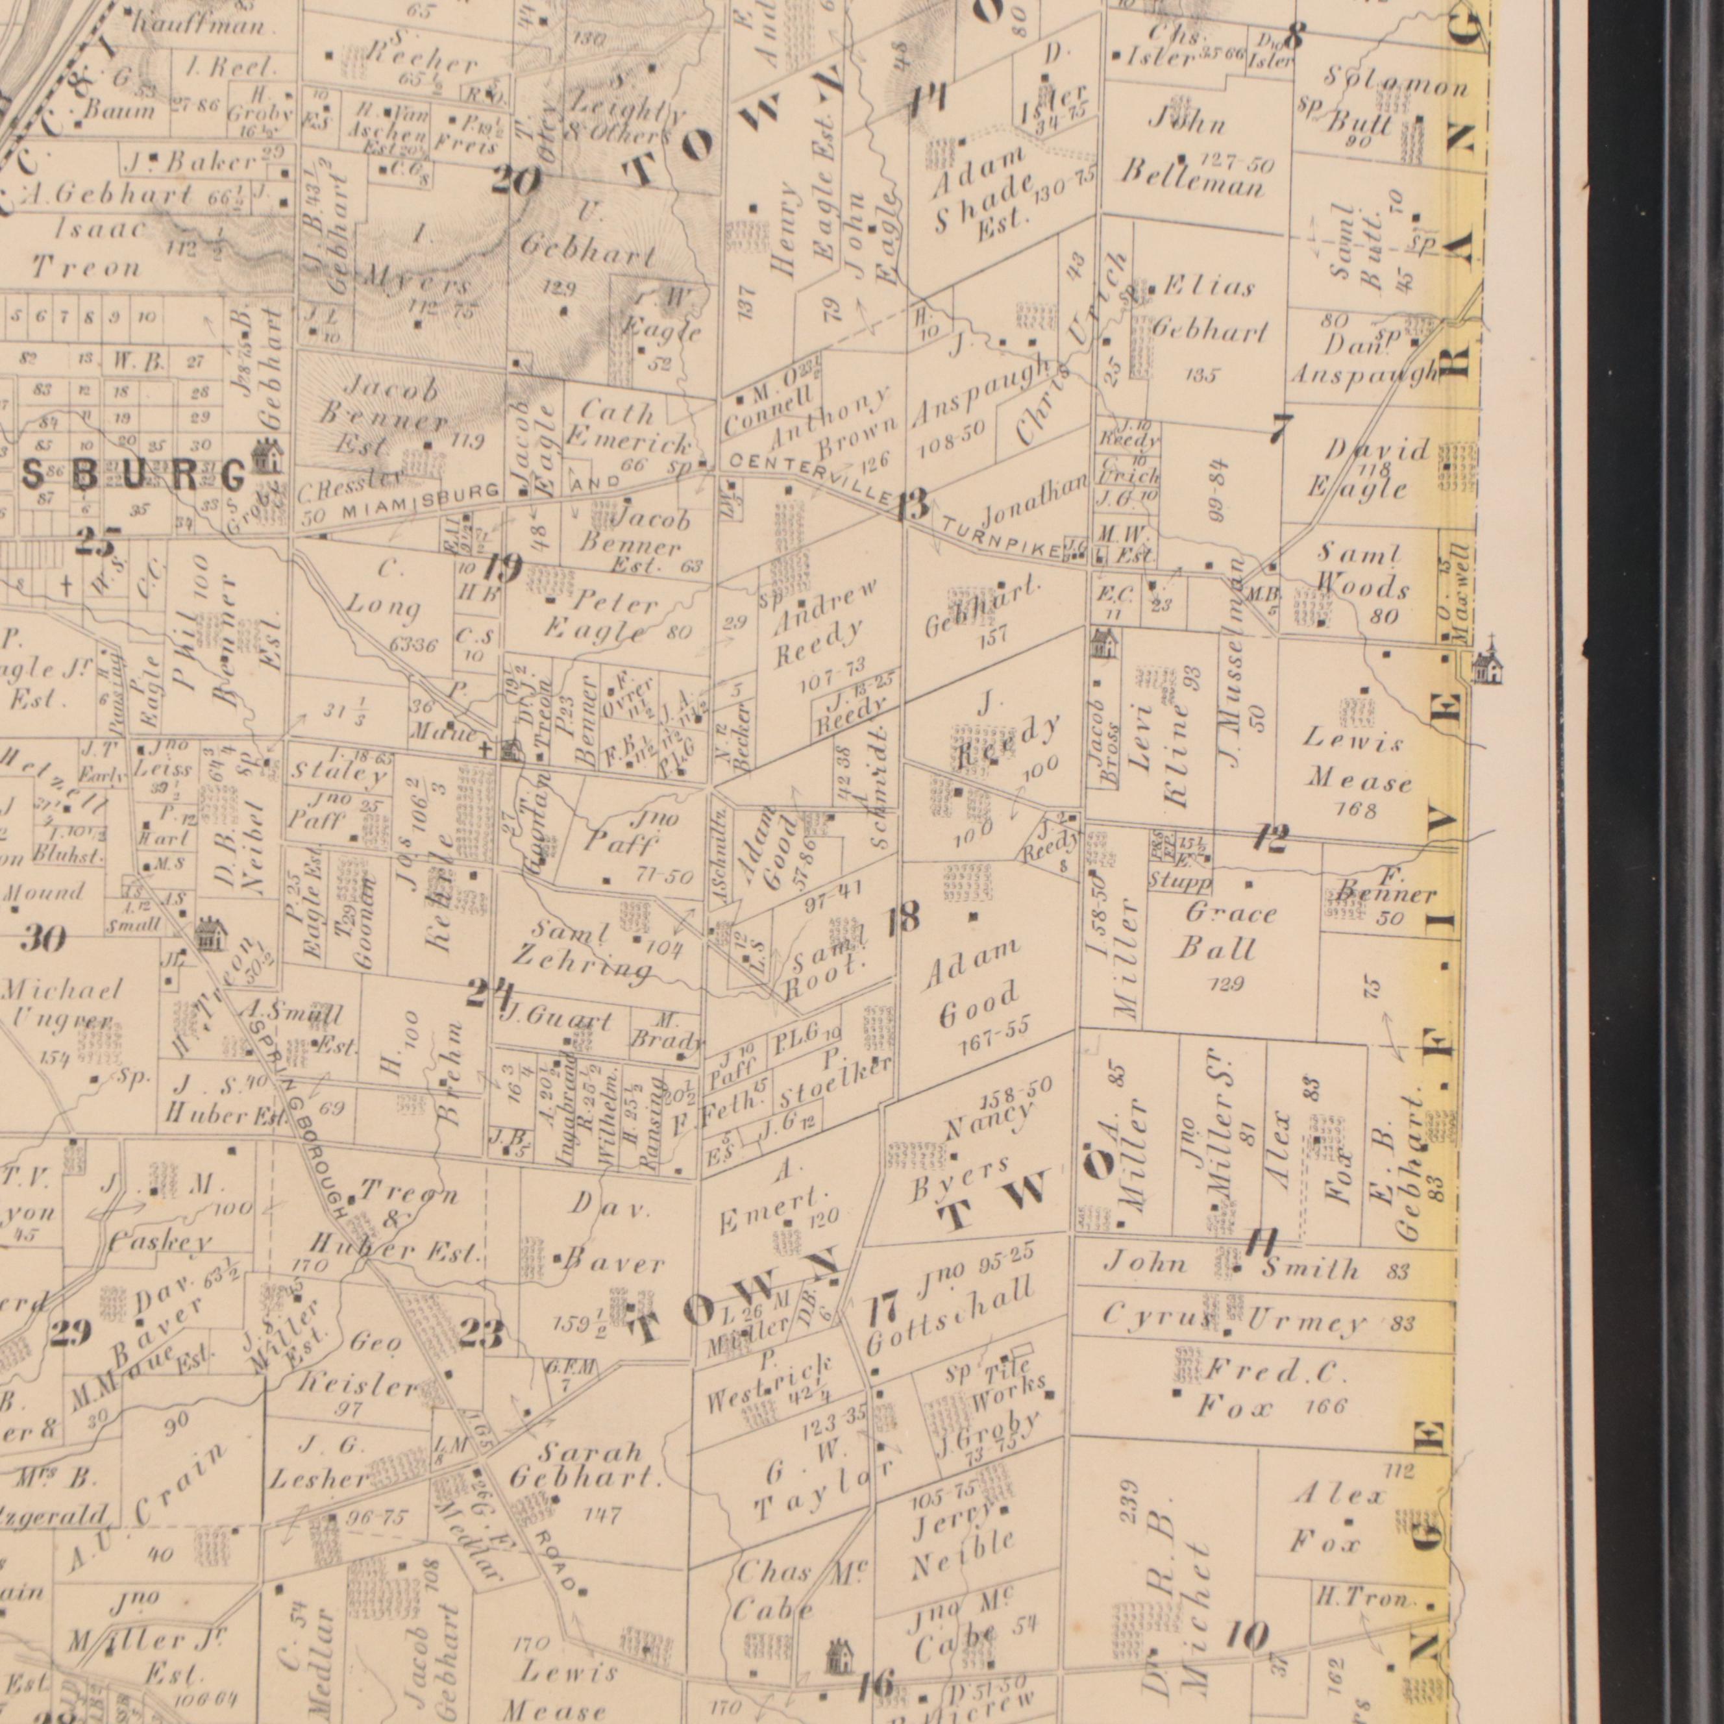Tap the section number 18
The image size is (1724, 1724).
[902, 918]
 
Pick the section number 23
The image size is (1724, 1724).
[481, 1334]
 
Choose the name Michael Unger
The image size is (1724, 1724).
[62, 1005]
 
